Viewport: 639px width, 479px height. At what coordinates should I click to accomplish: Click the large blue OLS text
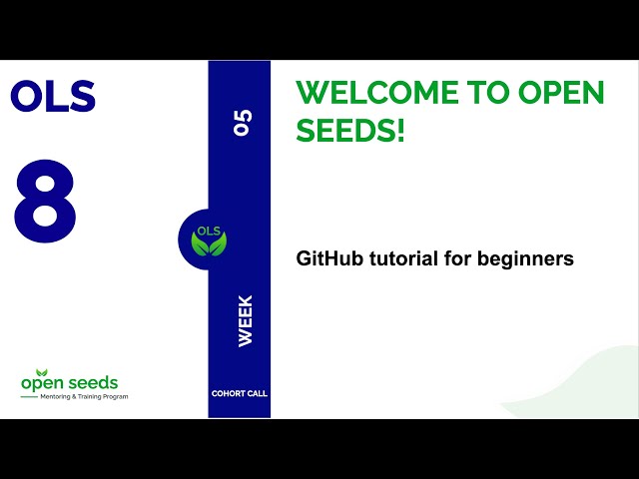52,97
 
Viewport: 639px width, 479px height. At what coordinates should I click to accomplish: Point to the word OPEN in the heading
561,93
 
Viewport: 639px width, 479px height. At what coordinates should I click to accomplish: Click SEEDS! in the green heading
350,130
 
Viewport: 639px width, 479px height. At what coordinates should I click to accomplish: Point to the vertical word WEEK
245,320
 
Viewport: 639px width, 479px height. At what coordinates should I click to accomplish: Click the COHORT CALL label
240,393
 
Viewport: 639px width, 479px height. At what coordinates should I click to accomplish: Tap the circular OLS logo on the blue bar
208,239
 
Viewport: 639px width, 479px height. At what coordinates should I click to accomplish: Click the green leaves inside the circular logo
209,244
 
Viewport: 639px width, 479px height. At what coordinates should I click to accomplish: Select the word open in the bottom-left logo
43,384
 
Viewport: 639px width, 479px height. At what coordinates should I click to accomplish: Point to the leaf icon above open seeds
42,371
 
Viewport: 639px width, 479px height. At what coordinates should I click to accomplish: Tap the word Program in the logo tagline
113,397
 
